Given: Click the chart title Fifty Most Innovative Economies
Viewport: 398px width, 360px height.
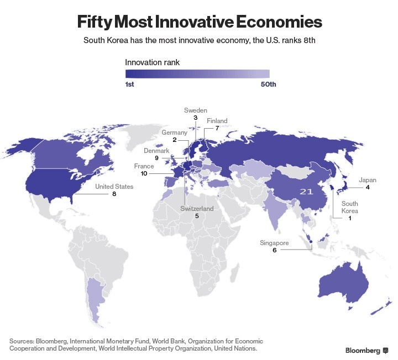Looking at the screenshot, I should (199, 22).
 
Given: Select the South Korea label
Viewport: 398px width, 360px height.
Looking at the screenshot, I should (349, 208).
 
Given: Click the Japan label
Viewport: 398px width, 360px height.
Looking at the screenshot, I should (368, 180).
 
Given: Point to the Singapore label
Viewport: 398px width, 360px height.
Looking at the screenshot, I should (274, 242).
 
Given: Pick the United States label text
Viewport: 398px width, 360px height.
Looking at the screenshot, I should (114, 187).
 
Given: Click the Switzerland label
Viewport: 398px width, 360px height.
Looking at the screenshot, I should (197, 209).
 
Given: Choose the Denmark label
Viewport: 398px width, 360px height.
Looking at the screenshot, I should (156, 150).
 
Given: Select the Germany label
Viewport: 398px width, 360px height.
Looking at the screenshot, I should (175, 133).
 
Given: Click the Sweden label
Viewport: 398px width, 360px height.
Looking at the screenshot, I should (195, 110).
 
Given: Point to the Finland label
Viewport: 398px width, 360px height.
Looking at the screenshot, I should (217, 121).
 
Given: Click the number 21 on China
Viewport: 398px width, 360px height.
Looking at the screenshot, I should (307, 191).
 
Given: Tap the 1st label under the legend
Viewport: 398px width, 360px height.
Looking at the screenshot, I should (130, 84).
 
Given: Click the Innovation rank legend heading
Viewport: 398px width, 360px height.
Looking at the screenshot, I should (152, 62).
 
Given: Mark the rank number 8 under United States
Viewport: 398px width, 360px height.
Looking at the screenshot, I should (114, 194).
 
